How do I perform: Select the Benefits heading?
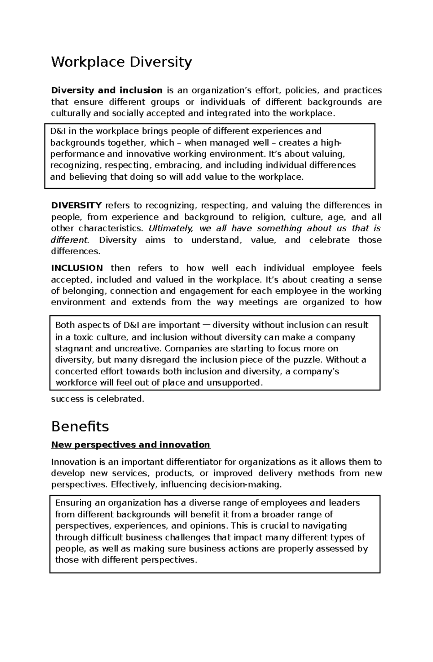pos(80,426)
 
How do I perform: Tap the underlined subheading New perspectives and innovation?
pos(131,444)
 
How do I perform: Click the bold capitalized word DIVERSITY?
pos(76,206)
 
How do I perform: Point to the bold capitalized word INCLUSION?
pos(77,268)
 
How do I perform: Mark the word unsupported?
pos(234,382)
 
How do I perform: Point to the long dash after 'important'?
pos(206,325)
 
